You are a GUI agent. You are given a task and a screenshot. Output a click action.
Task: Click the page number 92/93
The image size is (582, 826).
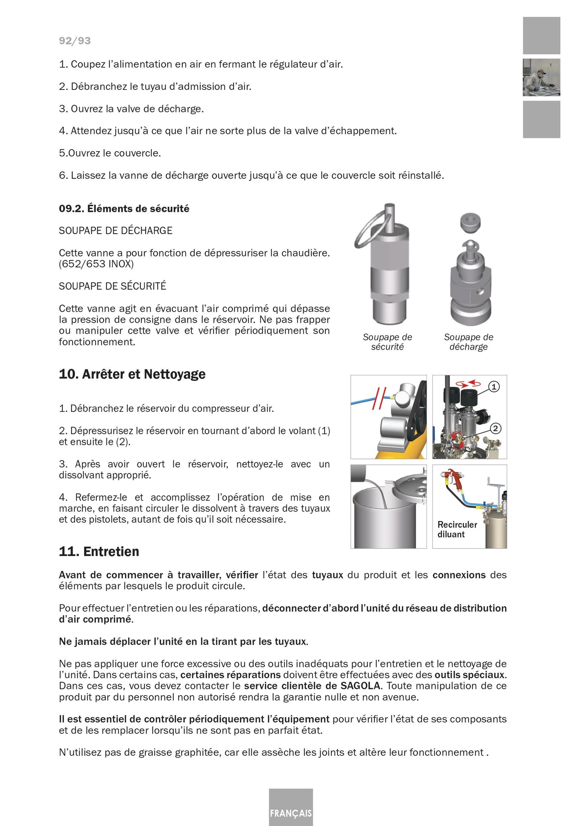point(75,41)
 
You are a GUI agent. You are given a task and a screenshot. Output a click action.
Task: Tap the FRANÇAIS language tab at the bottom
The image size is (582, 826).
point(291,813)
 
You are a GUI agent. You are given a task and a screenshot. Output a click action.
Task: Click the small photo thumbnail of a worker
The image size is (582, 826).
point(541,77)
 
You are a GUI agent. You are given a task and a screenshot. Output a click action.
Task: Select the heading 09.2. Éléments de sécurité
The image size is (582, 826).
point(124,209)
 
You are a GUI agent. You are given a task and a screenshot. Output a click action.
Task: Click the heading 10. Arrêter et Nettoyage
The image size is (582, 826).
point(132,374)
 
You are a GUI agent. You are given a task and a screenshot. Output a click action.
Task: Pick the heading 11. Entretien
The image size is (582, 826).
point(99,552)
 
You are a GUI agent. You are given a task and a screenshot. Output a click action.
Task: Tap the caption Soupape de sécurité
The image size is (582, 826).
point(387,342)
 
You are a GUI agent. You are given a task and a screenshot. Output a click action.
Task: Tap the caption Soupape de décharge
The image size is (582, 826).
point(468,342)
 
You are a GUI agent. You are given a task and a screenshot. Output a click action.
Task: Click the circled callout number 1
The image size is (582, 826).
point(494,387)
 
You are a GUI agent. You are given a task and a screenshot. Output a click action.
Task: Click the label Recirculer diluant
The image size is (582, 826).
point(457,529)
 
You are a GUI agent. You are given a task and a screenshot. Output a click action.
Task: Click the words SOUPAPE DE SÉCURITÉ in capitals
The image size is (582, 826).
point(112,286)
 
